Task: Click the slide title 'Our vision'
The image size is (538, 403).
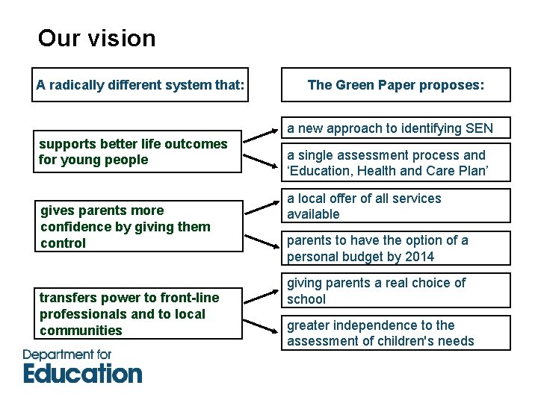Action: [96, 38]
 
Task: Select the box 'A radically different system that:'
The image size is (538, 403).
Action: [140, 85]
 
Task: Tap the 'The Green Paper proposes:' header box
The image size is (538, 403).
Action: [396, 85]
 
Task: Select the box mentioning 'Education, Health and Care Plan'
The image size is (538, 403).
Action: [396, 163]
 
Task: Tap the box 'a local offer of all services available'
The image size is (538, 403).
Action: [396, 207]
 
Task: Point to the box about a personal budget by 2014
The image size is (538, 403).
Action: [396, 249]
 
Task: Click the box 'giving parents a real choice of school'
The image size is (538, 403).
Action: [396, 291]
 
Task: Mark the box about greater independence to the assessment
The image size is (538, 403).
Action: [396, 333]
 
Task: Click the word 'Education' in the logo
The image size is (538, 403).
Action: [82, 372]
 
